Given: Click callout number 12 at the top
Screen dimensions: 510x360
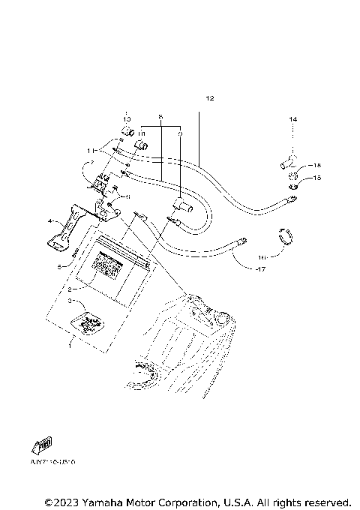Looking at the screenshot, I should click(x=209, y=99).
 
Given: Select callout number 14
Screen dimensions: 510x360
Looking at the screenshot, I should click(x=293, y=119).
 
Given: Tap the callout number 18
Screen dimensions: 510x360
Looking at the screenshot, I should click(x=317, y=165).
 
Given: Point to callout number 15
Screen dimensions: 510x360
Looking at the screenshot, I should click(x=317, y=178).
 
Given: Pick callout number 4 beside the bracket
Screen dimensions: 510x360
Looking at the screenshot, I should click(x=49, y=222).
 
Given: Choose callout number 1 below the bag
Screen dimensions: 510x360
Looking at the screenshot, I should click(x=70, y=347).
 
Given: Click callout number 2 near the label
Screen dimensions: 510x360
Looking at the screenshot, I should click(x=70, y=288).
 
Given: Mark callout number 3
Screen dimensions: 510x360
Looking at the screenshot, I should click(x=70, y=301).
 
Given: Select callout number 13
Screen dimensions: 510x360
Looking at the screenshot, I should click(x=127, y=120).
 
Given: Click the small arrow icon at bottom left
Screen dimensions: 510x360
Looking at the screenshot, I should click(x=45, y=445).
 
